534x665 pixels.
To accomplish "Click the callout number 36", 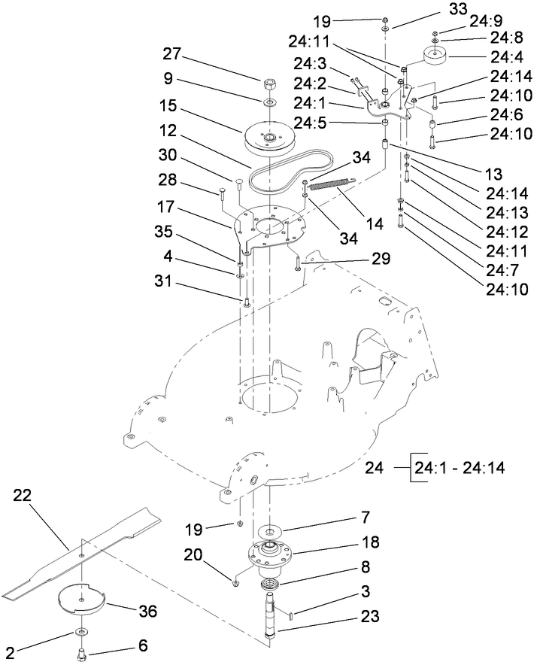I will tap(149, 611).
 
